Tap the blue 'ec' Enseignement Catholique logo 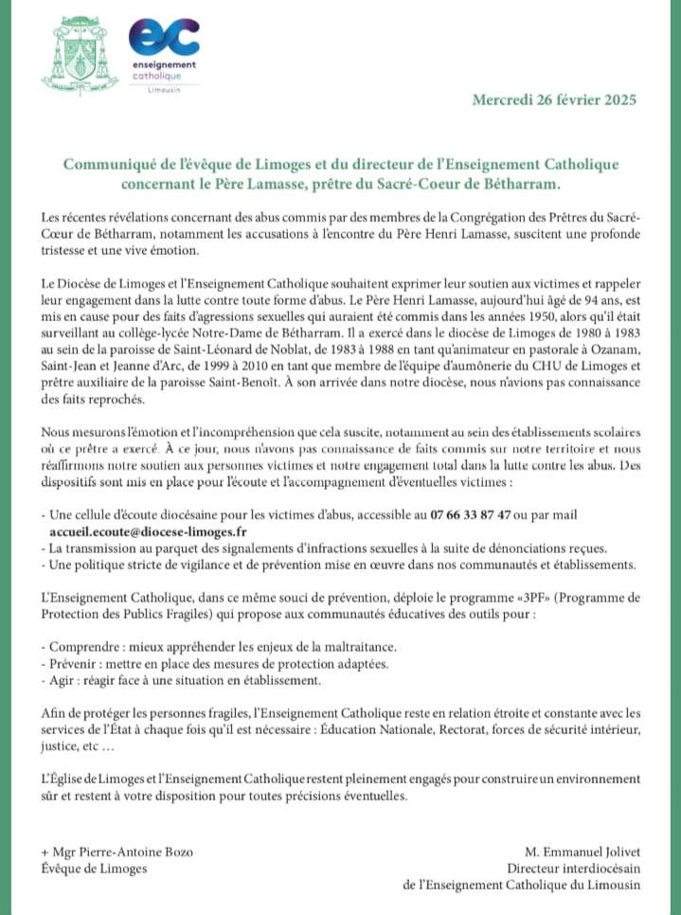[x=164, y=38]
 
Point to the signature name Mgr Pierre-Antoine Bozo [x=117, y=851]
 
